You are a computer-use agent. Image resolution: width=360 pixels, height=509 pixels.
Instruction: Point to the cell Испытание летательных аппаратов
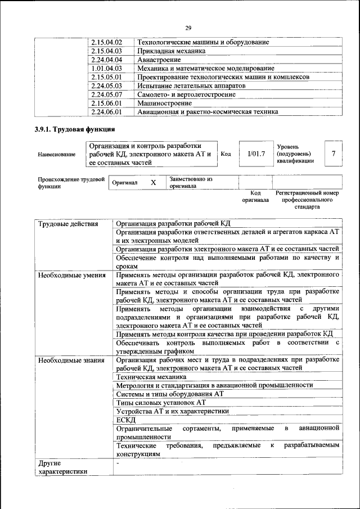191,85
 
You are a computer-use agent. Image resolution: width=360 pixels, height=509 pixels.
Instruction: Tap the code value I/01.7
256,154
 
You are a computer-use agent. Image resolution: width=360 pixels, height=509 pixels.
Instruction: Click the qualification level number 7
334,154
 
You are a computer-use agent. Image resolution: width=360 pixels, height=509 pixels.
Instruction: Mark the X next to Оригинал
153,183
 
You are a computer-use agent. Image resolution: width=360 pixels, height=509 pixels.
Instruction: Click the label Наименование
56,154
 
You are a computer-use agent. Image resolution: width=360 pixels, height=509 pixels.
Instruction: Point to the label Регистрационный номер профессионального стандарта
307,200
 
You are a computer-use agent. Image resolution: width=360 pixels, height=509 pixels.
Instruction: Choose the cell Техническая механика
150,377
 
